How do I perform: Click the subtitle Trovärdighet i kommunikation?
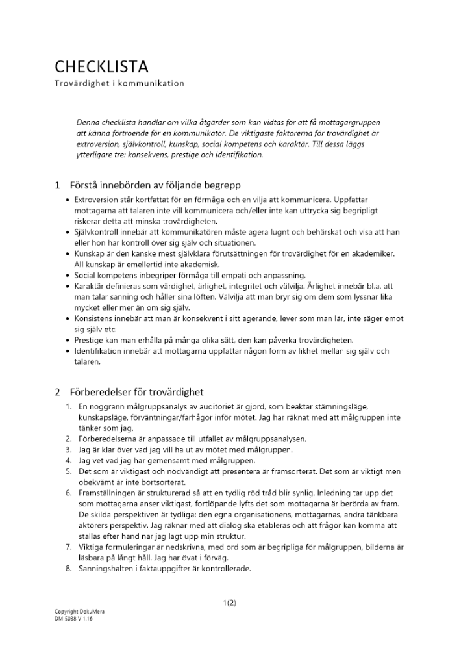pyautogui.click(x=119, y=83)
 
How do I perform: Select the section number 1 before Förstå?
pyautogui.click(x=57, y=185)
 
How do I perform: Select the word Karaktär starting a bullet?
pyautogui.click(x=91, y=286)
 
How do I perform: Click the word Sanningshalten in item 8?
pyautogui.click(x=106, y=569)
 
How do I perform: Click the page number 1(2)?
pyautogui.click(x=229, y=603)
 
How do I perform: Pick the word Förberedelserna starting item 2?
pyautogui.click(x=108, y=439)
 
